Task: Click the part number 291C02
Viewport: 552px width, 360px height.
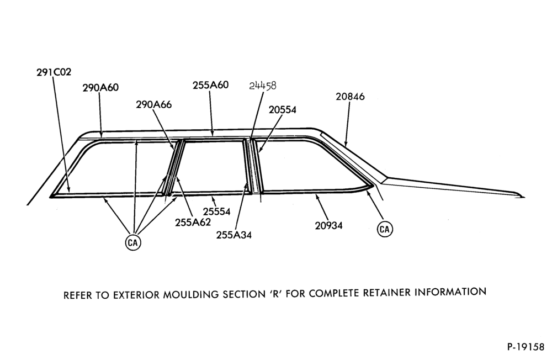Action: point(54,72)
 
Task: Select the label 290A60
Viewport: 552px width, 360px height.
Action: point(100,88)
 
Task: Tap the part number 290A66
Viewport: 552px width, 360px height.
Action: point(154,104)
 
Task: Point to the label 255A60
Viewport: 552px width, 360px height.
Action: point(210,85)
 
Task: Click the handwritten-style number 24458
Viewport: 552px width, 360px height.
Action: point(263,86)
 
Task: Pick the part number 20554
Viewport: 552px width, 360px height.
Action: point(283,110)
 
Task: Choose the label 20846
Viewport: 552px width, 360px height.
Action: point(350,97)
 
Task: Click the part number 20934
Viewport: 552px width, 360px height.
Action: point(328,225)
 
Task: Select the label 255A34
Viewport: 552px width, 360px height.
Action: point(233,235)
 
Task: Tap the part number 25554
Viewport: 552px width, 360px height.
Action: point(216,211)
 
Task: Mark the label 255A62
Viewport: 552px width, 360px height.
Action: point(193,223)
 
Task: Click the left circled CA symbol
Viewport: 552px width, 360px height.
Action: point(133,243)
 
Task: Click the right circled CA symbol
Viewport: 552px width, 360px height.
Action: point(385,230)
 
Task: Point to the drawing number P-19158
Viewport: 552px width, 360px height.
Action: point(526,347)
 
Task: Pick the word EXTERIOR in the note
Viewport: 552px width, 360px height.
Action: point(136,295)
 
